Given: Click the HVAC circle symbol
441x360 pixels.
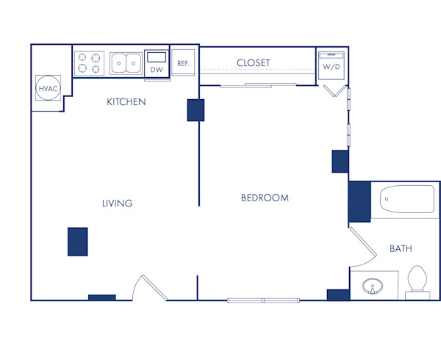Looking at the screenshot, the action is click(48, 88).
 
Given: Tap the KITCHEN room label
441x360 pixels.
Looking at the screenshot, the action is click(126, 101).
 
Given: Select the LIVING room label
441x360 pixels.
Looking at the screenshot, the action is click(118, 204).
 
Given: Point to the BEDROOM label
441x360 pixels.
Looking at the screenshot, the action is click(265, 198).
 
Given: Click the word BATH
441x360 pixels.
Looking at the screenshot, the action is click(401, 248).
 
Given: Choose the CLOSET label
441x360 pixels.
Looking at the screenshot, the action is click(254, 62).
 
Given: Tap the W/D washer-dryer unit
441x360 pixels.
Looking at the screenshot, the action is click(331, 65).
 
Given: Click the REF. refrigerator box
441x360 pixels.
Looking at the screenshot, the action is click(183, 62).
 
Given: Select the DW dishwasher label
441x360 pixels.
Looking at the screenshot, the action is click(157, 70).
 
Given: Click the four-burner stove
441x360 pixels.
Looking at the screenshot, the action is click(89, 63).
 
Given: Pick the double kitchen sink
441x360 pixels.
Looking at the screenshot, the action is click(126, 63).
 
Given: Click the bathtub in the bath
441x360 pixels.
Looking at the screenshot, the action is click(407, 199).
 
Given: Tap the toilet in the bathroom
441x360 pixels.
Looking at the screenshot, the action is click(417, 282).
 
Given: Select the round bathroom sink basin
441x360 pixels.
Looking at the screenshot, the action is click(373, 286).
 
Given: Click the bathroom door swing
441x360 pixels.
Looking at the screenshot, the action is click(363, 248).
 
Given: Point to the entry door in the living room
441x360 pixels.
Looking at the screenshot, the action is click(151, 287).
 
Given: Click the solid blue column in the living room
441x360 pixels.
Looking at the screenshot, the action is click(78, 242).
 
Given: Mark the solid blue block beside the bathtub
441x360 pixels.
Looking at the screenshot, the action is click(359, 201).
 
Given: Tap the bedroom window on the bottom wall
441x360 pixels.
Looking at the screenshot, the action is click(264, 300).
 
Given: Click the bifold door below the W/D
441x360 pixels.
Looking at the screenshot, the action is click(334, 91).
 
